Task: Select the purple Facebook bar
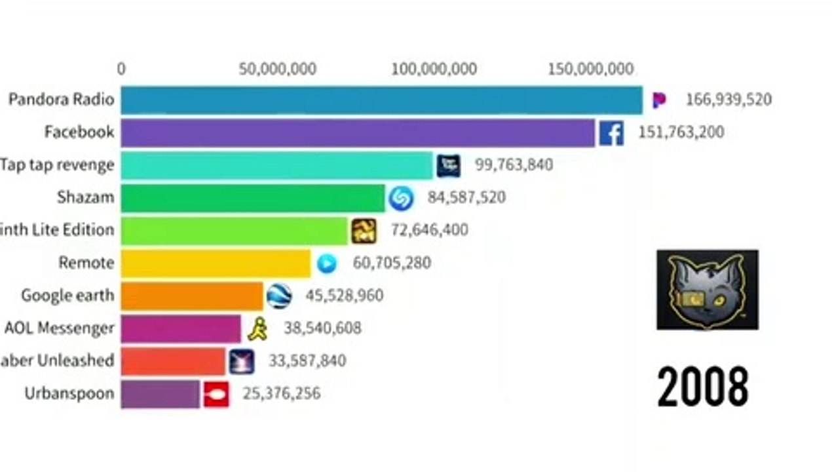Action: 358,132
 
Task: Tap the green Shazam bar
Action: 253,198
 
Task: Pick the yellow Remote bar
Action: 216,264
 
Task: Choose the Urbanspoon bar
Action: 160,394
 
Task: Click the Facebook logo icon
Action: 611,133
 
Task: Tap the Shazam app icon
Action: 400,198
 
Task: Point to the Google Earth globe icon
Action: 279,296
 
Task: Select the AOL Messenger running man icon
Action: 257,328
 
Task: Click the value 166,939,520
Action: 728,100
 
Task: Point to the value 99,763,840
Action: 514,165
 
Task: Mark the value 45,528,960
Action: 344,296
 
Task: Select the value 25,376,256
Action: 281,394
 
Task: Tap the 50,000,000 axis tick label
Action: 277,69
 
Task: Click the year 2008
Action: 702,387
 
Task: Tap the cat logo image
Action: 708,289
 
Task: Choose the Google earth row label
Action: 67,296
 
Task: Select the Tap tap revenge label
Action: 57,165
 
